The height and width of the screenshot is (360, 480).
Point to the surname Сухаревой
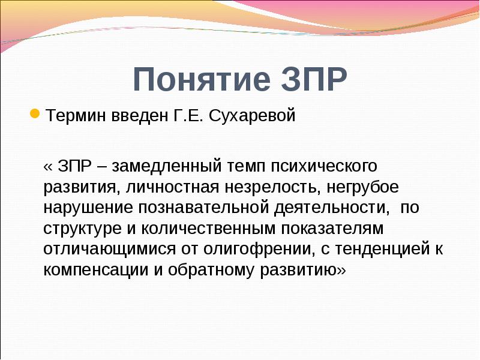click(x=254, y=115)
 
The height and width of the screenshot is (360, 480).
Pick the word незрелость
click(x=264, y=187)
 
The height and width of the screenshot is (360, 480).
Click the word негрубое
click(x=362, y=187)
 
